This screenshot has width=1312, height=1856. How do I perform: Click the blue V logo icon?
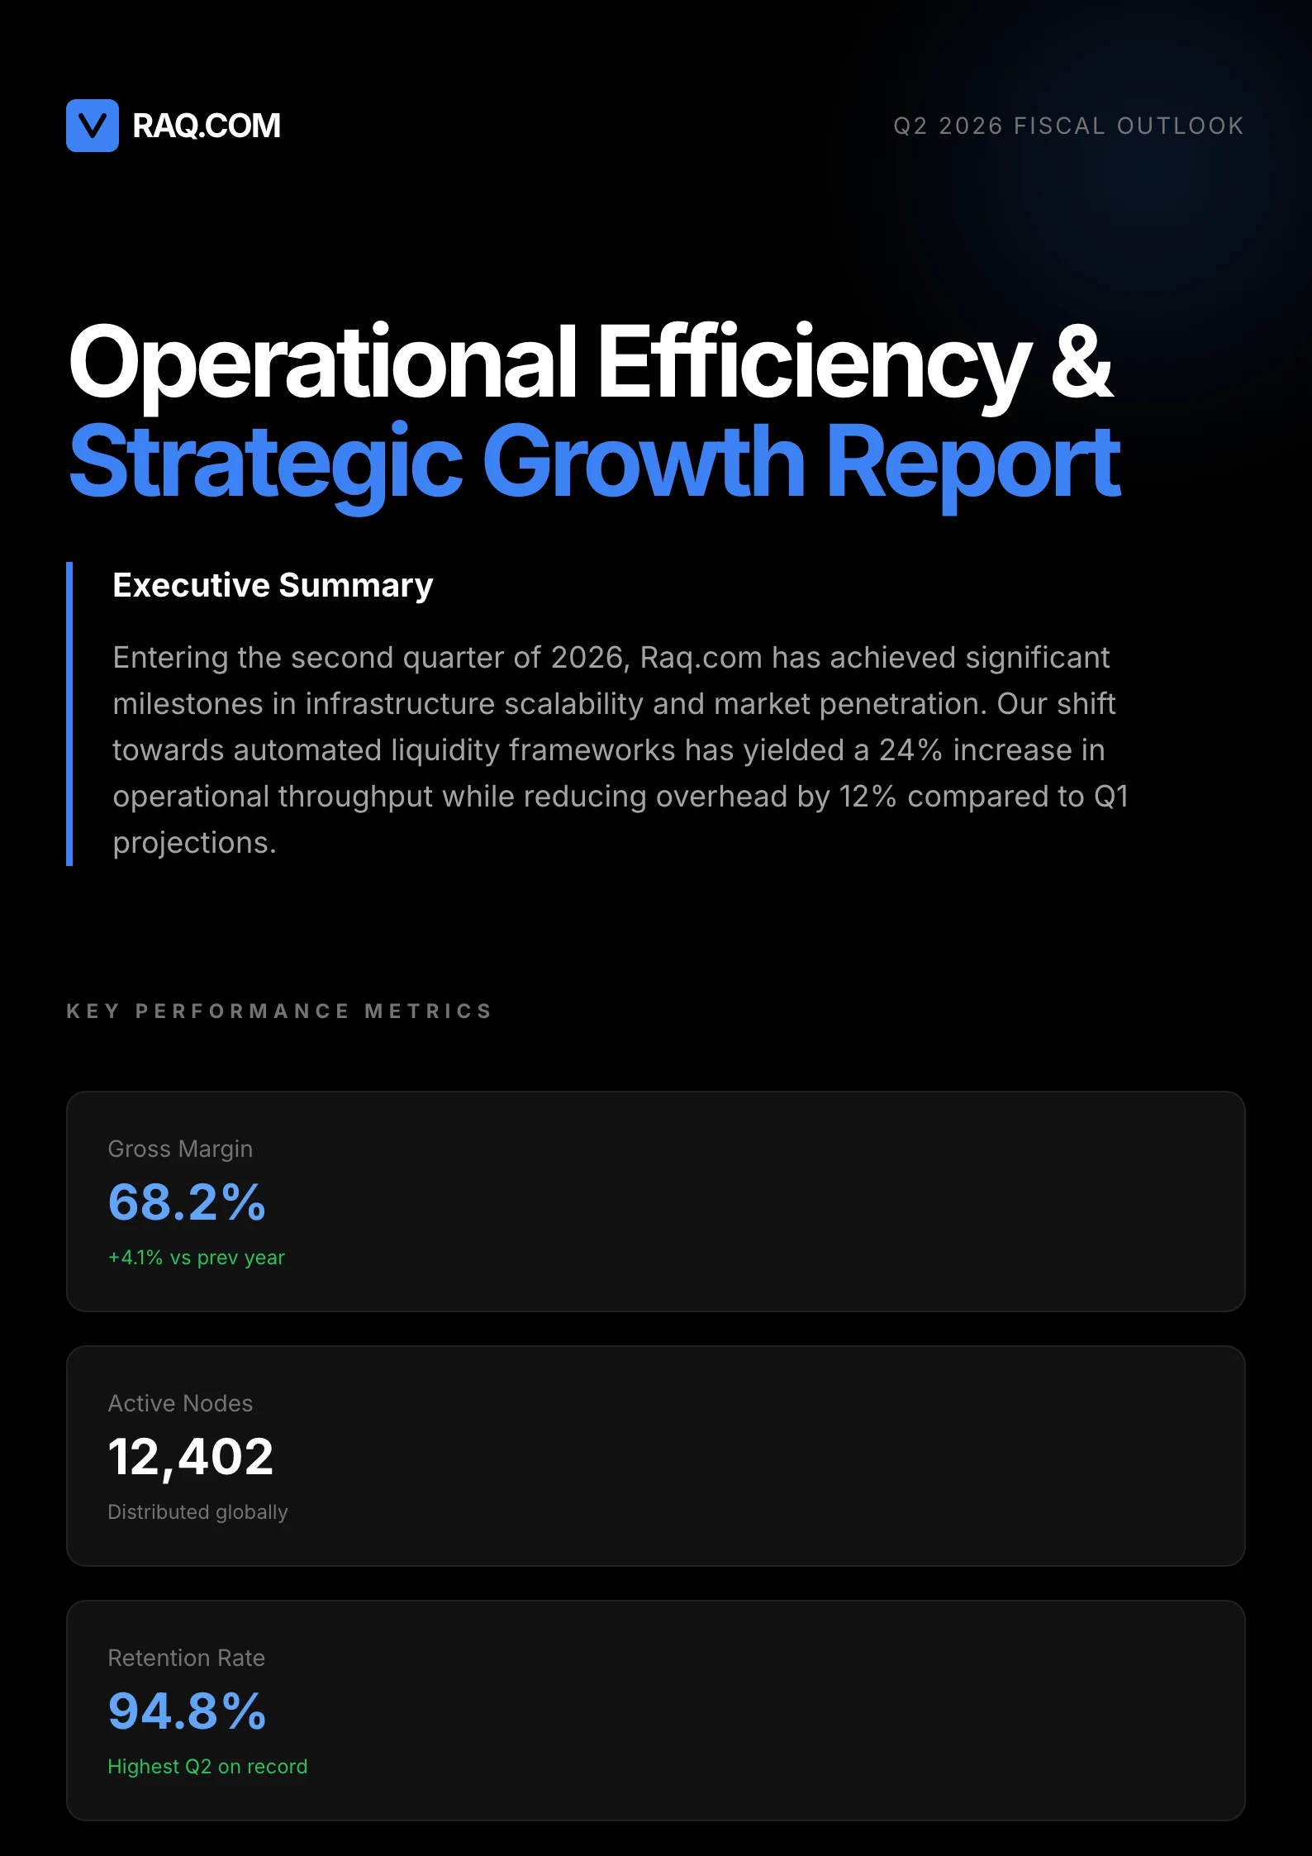[x=93, y=126]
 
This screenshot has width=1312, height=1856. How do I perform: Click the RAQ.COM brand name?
[x=207, y=126]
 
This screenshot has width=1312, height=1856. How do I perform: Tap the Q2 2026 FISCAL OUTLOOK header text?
[x=1068, y=126]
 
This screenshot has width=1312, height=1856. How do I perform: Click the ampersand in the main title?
[x=1081, y=362]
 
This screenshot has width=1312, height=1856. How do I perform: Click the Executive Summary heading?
[x=273, y=585]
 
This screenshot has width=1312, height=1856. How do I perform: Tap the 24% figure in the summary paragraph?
[x=910, y=750]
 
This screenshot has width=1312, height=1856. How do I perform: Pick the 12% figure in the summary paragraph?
[x=868, y=797]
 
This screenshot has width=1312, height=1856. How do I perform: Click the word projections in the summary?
[x=194, y=843]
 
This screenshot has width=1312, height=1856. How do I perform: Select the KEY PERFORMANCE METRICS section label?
[x=279, y=1011]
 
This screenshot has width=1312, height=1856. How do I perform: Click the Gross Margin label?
[x=180, y=1149]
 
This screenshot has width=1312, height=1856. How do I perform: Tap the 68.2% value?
[x=187, y=1202]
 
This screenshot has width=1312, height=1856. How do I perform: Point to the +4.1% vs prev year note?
[x=197, y=1258]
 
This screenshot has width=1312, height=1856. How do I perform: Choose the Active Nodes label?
[x=180, y=1403]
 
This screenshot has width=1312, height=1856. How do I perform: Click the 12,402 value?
[x=190, y=1456]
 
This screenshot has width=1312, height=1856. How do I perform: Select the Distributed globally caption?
[x=197, y=1512]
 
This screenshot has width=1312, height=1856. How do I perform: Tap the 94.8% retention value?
[x=187, y=1711]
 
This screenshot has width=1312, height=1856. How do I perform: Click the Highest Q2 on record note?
[x=207, y=1767]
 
